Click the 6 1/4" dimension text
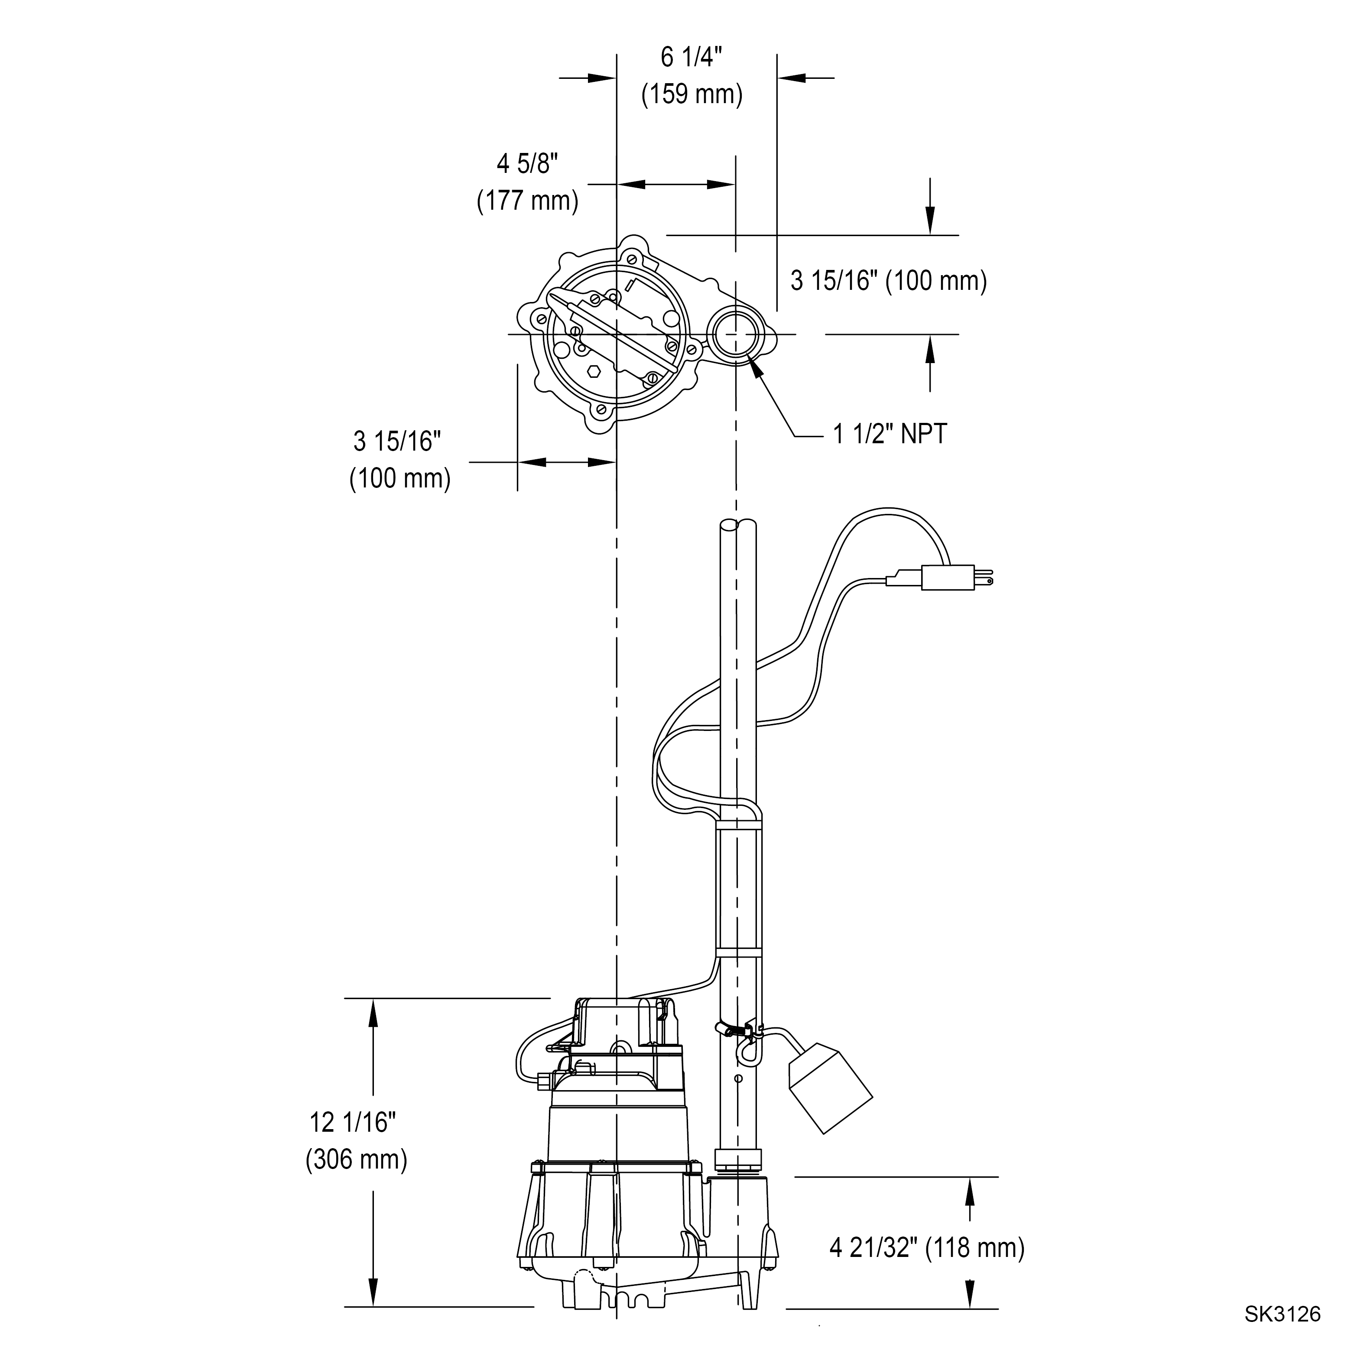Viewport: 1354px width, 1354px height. tap(691, 58)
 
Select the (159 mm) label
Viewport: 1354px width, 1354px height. tap(692, 94)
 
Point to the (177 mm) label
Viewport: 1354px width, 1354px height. tap(528, 201)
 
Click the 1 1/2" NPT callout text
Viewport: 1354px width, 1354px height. tap(890, 435)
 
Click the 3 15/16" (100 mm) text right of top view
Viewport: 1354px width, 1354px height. tap(889, 281)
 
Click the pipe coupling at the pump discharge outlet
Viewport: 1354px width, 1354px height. tap(737, 1158)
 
